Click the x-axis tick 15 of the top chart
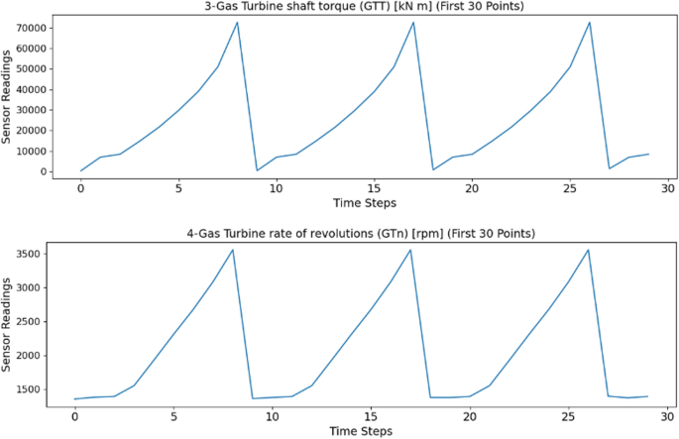[x=375, y=187]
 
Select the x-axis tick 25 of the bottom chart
[x=568, y=414]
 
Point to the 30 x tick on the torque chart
[x=668, y=187]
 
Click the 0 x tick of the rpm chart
[x=74, y=414]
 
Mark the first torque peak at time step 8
[x=237, y=22]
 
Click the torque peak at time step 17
[x=413, y=22]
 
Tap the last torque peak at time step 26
[x=590, y=22]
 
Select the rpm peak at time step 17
[x=410, y=250]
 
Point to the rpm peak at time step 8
[x=232, y=250]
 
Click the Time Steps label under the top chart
[x=362, y=203]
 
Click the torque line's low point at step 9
[x=257, y=170]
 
